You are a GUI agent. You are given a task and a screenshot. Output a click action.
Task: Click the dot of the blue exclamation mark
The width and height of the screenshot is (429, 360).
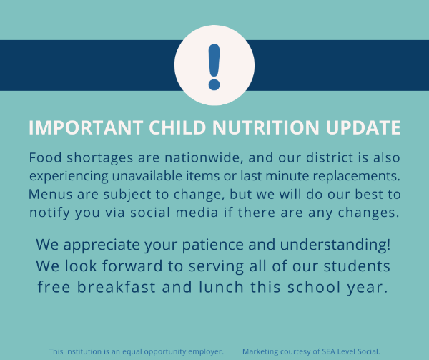pos(214,85)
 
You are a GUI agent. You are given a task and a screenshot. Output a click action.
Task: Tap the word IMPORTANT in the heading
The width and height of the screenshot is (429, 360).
pos(86,127)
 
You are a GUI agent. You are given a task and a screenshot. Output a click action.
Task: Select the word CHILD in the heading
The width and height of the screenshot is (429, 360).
pos(177,127)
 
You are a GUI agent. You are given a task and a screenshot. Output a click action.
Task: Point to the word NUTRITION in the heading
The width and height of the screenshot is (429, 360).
pos(266,127)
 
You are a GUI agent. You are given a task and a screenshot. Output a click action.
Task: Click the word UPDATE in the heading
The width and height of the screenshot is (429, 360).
pos(363,127)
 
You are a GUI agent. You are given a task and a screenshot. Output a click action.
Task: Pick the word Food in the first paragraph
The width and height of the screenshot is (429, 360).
pos(45,157)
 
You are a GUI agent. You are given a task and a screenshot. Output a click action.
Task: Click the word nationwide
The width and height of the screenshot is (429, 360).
pos(204,158)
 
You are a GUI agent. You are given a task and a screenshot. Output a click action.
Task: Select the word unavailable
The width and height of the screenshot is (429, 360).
pos(147,176)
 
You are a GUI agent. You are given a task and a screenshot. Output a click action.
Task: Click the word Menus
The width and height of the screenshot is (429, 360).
pos(50,195)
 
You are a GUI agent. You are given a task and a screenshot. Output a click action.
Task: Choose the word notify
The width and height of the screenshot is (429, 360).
pos(49,213)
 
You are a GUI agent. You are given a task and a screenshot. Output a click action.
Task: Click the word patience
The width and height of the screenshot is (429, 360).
pos(212,245)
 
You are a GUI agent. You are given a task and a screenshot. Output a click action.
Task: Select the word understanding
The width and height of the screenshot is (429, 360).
pos(335,245)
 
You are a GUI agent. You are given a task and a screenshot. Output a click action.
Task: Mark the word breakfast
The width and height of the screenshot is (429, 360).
pos(117,287)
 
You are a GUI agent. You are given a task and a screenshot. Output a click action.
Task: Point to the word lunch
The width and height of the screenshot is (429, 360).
pos(221,287)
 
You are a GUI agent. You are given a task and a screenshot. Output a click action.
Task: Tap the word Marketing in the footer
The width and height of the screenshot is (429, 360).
pos(260,352)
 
